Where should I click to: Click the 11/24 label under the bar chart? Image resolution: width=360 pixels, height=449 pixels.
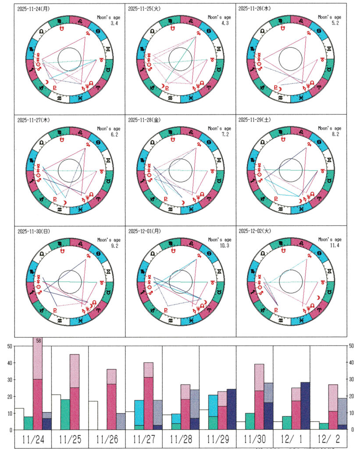[x=32, y=440]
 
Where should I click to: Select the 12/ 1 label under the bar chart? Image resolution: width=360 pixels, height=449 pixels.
[x=291, y=440]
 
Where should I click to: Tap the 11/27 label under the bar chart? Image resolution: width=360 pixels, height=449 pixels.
[x=143, y=440]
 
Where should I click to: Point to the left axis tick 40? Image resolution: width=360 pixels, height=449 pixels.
[x=9, y=363]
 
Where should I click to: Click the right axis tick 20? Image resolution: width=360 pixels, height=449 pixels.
[x=351, y=396]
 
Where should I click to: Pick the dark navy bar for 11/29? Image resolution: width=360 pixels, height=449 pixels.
[x=232, y=410]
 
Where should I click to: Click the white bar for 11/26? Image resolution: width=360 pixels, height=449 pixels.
[x=93, y=415]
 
